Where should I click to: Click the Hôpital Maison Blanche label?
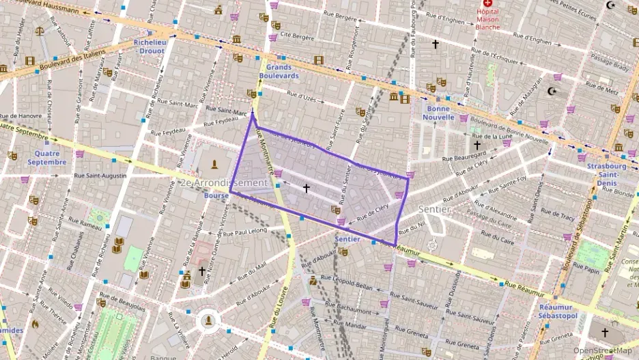pyautogui.click(x=487, y=20)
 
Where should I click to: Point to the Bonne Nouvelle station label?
pyautogui.click(x=438, y=112)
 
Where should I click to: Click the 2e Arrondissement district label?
pyautogui.click(x=224, y=183)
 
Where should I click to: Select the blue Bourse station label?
pyautogui.click(x=216, y=195)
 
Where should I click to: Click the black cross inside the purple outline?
pyautogui.click(x=306, y=188)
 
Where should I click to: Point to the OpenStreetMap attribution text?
pyautogui.click(x=603, y=350)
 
